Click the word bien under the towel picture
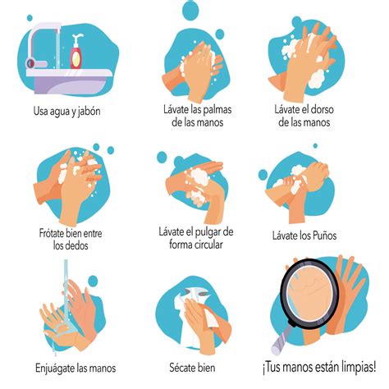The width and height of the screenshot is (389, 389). [209, 367]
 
